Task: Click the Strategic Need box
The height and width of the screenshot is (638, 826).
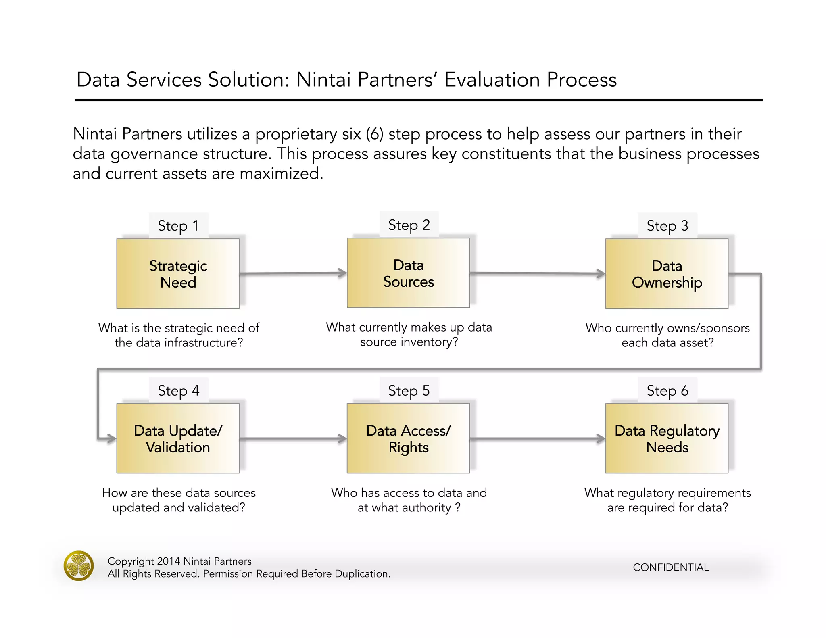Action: coord(178,273)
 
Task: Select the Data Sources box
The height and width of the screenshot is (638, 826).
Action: coord(408,273)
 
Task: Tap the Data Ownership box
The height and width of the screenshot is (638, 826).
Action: coord(667,273)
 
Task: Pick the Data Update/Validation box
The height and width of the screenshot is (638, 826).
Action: coord(178,438)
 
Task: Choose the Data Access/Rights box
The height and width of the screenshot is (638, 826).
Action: coord(408,438)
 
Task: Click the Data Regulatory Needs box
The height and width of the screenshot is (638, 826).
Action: coord(667,438)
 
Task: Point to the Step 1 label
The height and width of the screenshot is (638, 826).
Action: coord(178,225)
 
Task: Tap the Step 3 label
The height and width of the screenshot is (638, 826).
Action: coord(667,225)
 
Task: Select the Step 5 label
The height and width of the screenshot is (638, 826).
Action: coord(409,390)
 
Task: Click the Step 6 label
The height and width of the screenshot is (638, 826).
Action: coord(667,390)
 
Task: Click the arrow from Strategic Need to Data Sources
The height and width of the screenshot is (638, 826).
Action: coord(293,273)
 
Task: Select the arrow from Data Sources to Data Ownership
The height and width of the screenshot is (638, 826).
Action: coord(536,273)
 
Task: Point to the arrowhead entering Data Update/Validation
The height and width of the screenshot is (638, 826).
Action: coord(111,438)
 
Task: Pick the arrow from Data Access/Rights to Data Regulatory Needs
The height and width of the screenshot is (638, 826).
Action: coord(536,438)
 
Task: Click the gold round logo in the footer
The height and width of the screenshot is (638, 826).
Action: coord(79,565)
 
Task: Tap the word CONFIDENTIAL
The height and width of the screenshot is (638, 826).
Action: coord(670,567)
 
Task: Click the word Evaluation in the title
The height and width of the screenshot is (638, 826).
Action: coord(492,79)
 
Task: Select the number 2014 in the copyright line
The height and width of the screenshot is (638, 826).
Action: coord(168,561)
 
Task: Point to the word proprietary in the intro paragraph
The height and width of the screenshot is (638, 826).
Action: coord(296,134)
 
